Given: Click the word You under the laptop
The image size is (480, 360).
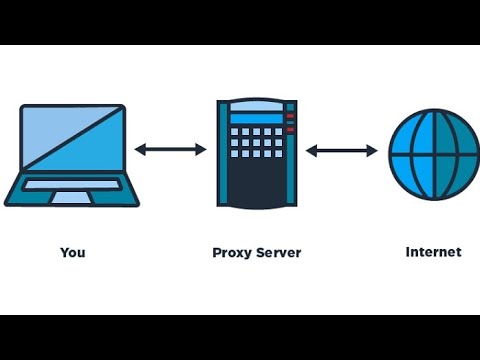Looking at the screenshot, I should (x=73, y=252).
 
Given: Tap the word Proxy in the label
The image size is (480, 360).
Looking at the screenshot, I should (x=231, y=253).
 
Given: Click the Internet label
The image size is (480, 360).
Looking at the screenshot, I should (x=433, y=252).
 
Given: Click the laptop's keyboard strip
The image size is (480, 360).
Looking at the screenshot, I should (x=72, y=185).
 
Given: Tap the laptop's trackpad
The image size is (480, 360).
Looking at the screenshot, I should (x=72, y=197).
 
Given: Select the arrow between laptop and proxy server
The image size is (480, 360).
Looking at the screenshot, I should (x=170, y=150).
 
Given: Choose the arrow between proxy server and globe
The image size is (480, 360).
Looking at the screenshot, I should (x=341, y=151).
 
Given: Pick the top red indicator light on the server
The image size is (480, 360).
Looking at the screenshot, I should (x=290, y=116).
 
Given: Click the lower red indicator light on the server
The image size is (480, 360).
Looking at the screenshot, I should (x=290, y=129).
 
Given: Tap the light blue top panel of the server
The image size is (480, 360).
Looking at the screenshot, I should (x=257, y=106).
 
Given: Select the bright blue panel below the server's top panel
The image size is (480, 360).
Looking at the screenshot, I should (x=257, y=119).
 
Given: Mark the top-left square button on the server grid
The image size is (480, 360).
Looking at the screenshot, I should (x=235, y=131).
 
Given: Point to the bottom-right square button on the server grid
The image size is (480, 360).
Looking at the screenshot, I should (x=278, y=153).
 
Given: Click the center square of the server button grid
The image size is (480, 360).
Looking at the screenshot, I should (x=257, y=142).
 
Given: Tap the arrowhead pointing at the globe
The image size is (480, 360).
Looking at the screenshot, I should (x=372, y=151).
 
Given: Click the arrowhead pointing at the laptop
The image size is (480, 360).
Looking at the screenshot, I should (x=139, y=150).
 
